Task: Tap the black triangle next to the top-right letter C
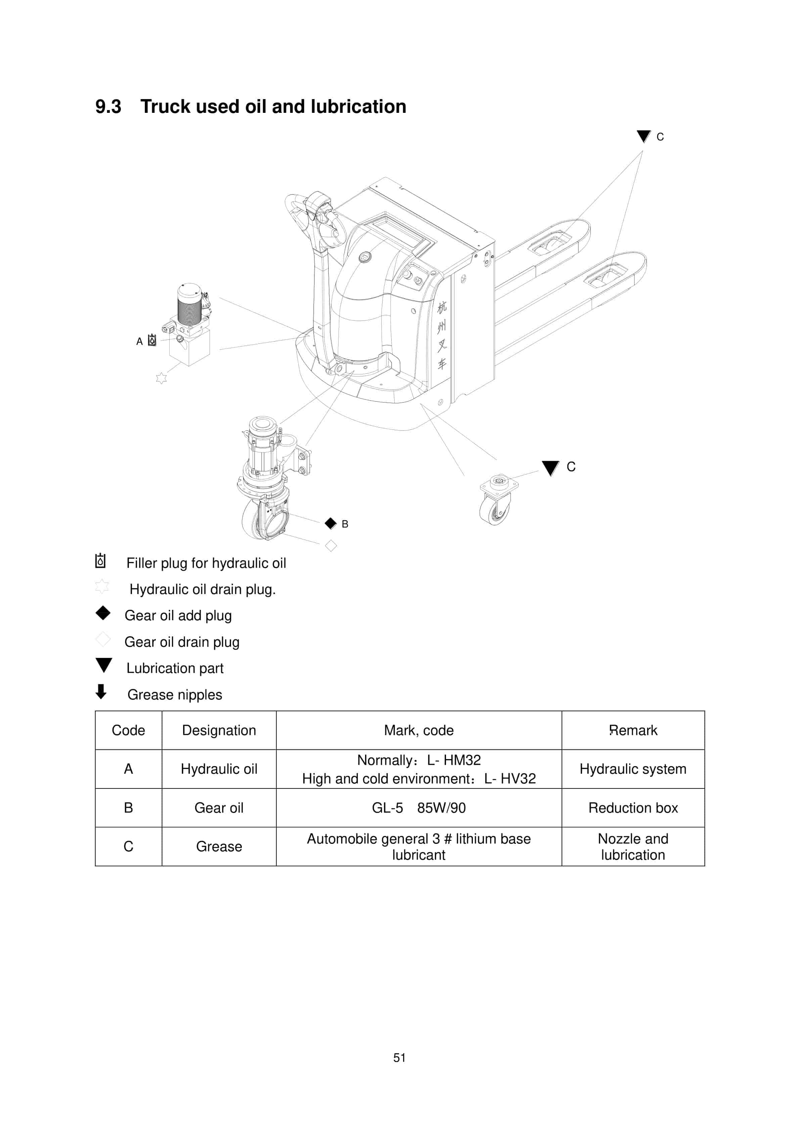[643, 136]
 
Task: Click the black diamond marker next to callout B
[330, 523]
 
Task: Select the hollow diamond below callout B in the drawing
[331, 546]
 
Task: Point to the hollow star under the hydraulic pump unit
[161, 378]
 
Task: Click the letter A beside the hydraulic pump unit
[139, 342]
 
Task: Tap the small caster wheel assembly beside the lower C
[497, 500]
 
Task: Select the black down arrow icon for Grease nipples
[101, 692]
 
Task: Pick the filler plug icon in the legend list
[100, 561]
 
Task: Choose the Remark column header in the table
[633, 730]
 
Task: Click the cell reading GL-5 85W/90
[419, 808]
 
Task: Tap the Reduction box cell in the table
[633, 808]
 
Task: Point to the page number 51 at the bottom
[400, 1057]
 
